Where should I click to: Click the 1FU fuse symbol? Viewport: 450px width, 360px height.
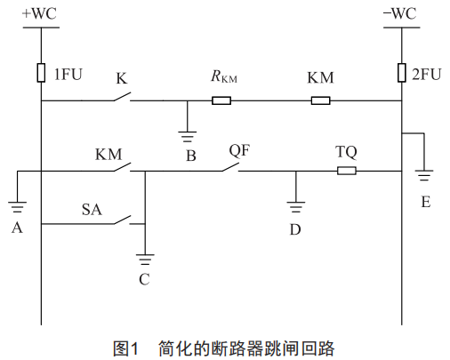click(x=41, y=73)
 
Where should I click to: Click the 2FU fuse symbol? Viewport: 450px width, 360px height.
click(x=402, y=73)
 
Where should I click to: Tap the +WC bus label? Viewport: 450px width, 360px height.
click(x=39, y=13)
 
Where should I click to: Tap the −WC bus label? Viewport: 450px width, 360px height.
click(x=400, y=13)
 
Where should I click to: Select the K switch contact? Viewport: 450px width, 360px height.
click(x=122, y=97)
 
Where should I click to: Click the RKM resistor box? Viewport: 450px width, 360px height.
click(x=221, y=100)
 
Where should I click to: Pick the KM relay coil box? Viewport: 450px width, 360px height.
click(x=320, y=100)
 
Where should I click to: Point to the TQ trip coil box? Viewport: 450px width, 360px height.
click(x=347, y=171)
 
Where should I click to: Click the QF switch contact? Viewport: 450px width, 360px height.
click(x=230, y=167)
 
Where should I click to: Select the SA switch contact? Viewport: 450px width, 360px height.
click(x=122, y=220)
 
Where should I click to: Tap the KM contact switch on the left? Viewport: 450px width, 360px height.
click(x=122, y=167)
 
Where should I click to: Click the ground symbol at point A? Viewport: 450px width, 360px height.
click(x=17, y=207)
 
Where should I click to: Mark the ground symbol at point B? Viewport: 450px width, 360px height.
click(x=188, y=137)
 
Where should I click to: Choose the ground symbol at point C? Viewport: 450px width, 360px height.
click(x=145, y=260)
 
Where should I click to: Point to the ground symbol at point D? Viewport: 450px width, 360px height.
click(x=296, y=207)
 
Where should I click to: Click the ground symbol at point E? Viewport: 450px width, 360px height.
click(x=424, y=176)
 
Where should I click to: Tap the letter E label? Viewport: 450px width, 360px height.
click(x=426, y=202)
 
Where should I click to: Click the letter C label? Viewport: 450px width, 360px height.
click(x=144, y=279)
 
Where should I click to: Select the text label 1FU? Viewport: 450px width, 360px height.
click(x=68, y=75)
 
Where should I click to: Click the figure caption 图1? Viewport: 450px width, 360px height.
click(x=125, y=348)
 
